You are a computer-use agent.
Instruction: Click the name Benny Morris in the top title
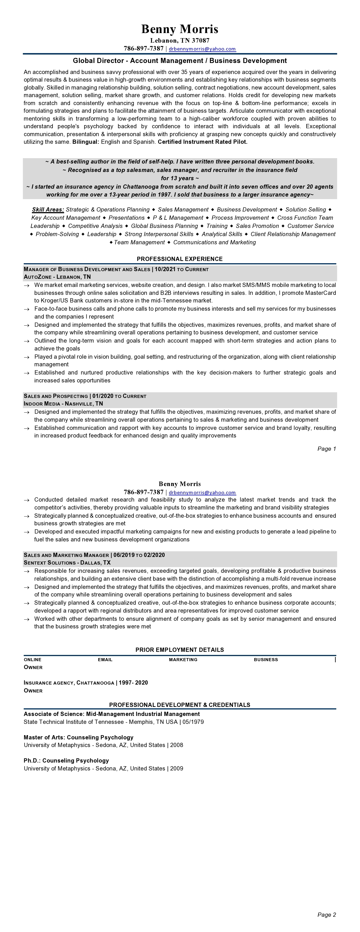180,29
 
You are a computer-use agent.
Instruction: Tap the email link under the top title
202,49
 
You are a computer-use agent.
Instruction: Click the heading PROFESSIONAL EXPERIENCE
180,259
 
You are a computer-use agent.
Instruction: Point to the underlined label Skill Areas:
48,210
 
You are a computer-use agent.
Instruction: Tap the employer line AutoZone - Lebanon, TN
57,277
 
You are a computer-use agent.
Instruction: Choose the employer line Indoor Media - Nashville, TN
63,403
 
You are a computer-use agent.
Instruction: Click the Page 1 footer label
326,449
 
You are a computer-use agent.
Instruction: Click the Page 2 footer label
326,915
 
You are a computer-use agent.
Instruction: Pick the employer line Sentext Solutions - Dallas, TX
67,563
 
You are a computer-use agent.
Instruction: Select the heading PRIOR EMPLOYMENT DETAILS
180,650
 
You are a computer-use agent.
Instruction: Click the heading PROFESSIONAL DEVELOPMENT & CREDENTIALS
180,705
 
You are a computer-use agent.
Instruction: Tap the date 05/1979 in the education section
193,722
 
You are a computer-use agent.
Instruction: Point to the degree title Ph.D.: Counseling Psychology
66,761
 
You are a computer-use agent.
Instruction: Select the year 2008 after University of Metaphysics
176,745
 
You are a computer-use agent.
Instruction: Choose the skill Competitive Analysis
95,226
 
